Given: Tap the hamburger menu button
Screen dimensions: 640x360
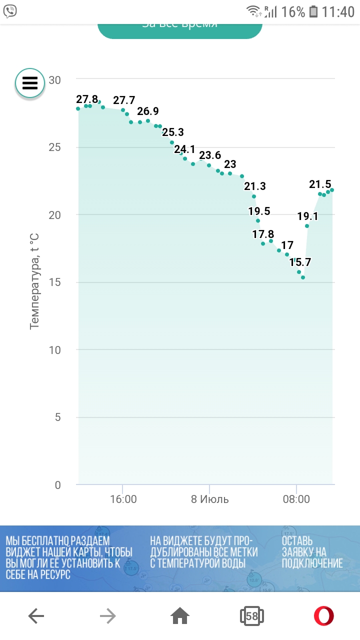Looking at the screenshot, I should (x=30, y=83).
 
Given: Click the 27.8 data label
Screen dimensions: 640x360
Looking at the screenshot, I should (x=87, y=99).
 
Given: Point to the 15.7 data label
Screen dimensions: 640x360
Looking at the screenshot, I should (x=300, y=261).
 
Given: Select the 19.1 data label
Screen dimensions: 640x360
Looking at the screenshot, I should (x=308, y=216).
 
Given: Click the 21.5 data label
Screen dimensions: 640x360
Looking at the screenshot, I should (x=320, y=184).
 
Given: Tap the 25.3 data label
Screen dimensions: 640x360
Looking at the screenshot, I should (x=173, y=132).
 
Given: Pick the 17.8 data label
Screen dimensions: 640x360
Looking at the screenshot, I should (x=263, y=234).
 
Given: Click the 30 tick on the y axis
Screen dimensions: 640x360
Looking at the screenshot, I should (x=54, y=80).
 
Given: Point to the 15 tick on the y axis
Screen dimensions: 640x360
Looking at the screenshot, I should (x=54, y=282).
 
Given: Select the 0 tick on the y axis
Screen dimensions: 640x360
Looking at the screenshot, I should (x=57, y=485).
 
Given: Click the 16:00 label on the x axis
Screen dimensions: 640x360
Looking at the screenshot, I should (x=123, y=499).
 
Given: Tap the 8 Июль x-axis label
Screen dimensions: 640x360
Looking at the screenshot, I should (x=210, y=499).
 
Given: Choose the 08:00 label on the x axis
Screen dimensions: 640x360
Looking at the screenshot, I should (x=296, y=499).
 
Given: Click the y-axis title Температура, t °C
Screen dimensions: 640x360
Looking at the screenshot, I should (x=34, y=281).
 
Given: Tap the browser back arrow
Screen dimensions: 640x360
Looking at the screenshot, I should (x=36, y=616).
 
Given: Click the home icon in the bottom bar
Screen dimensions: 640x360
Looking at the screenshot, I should (x=180, y=616).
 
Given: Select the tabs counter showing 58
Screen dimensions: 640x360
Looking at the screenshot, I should (x=251, y=616).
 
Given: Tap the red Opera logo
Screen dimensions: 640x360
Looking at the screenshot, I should (x=324, y=616).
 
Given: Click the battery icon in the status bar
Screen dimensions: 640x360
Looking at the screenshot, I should (x=313, y=11).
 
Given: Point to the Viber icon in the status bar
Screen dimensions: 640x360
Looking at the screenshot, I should (x=10, y=11).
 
